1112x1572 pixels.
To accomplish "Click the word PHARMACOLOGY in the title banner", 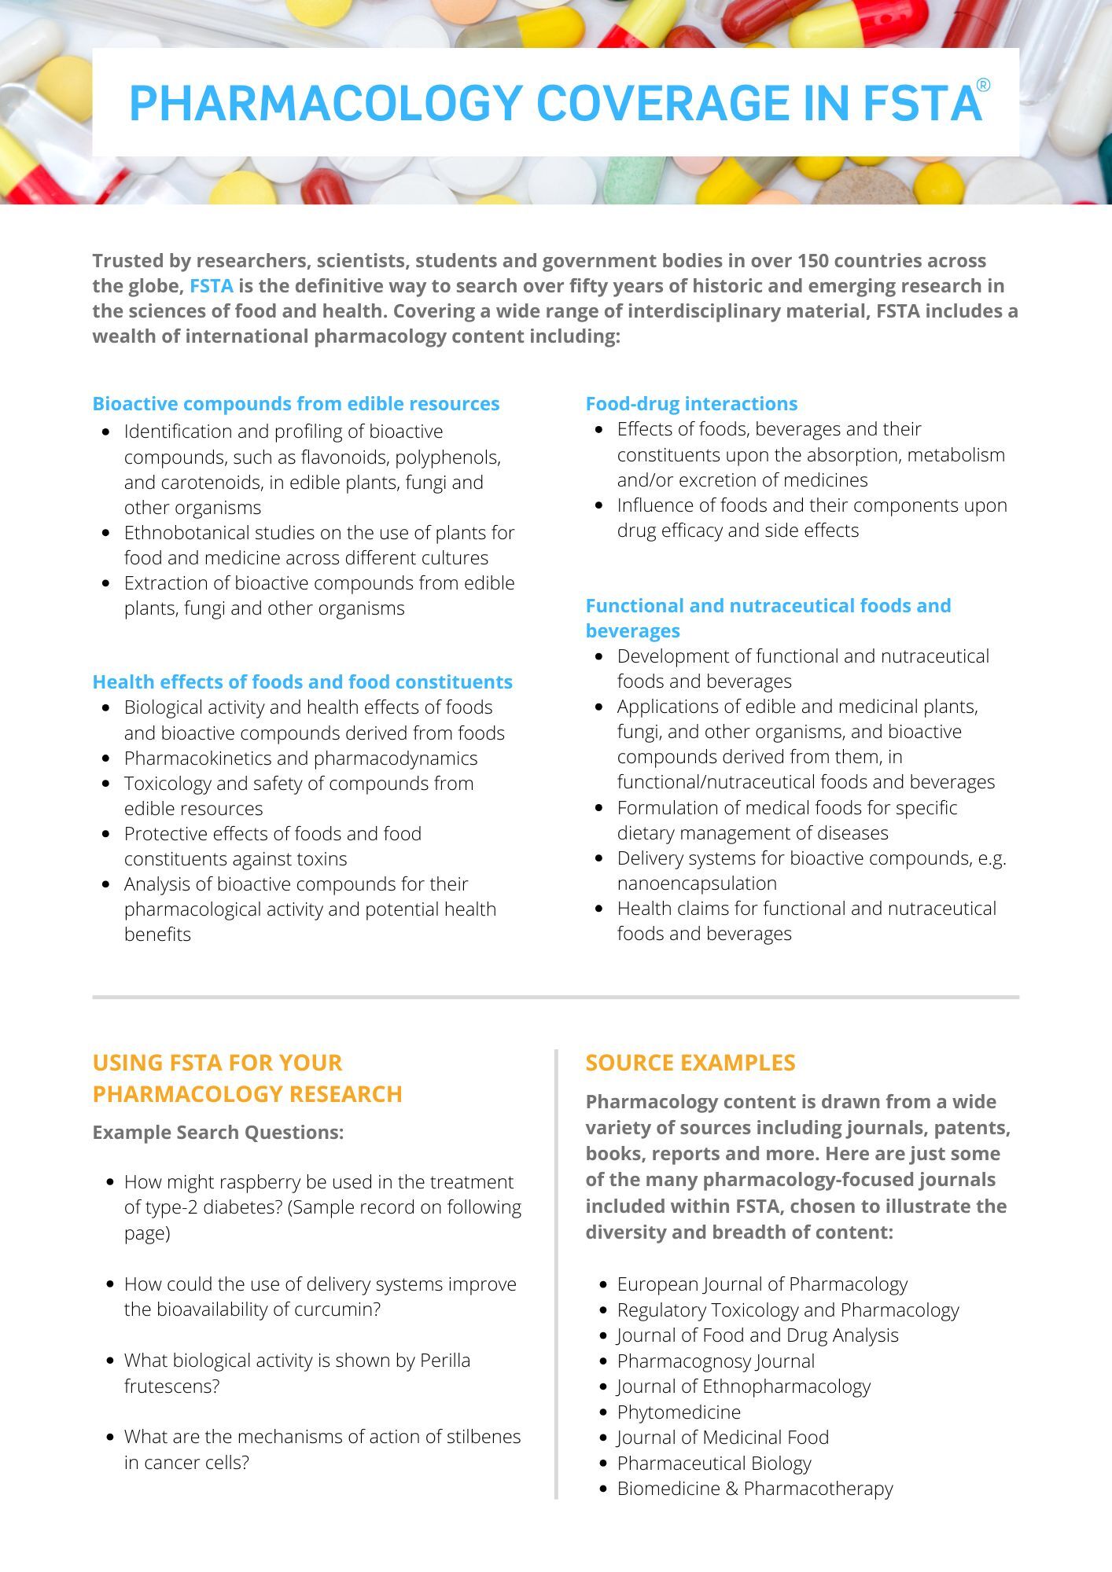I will coord(326,103).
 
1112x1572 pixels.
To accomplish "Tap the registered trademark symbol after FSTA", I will coord(983,86).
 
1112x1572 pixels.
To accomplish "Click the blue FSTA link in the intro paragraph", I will coord(211,285).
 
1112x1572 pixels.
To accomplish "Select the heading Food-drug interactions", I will coord(691,403).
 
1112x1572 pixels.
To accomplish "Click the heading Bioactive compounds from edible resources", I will coord(296,403).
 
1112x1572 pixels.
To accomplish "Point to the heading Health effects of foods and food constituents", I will coord(302,681).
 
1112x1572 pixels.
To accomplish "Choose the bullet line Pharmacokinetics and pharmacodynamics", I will coord(300,758).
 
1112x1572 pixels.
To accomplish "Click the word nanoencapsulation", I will coord(697,883).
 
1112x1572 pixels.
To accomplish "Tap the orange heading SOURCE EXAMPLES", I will coord(690,1062).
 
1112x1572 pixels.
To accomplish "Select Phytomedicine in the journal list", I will coord(679,1412).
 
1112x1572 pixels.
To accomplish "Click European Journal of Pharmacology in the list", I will coord(761,1284).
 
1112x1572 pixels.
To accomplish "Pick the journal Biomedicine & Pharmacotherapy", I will coord(755,1488).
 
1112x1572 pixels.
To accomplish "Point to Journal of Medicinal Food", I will coord(723,1437).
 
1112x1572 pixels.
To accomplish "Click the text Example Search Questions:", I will coord(218,1132).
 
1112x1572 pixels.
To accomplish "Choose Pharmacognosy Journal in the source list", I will coord(716,1361).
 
